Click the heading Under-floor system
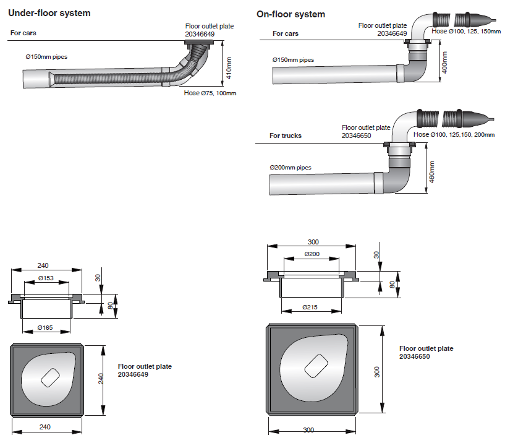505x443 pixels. [x=49, y=13]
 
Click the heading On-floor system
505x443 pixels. [x=291, y=14]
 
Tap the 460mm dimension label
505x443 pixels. [x=432, y=171]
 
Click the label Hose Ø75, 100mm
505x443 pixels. [x=210, y=93]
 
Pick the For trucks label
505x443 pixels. [x=286, y=135]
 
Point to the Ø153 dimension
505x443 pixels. [x=47, y=278]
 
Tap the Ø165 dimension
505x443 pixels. [x=46, y=326]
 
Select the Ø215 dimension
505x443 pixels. [x=312, y=307]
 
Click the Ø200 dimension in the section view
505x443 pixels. [x=312, y=254]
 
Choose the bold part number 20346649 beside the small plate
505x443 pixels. [x=133, y=374]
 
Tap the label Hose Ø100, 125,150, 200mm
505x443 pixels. [x=454, y=134]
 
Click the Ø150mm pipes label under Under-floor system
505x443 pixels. [x=46, y=56]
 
